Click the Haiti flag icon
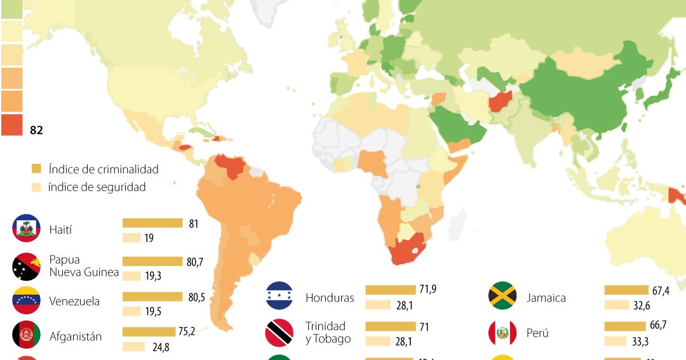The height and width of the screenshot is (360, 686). click(x=27, y=229)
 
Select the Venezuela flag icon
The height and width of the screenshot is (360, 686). click(x=27, y=301)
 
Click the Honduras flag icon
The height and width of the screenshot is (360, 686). click(x=279, y=296)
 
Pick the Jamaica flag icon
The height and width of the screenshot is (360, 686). click(x=502, y=296)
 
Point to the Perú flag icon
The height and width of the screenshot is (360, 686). click(x=502, y=332)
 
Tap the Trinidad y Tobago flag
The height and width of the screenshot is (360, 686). click(x=279, y=332)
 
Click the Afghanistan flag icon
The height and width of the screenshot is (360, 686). click(x=27, y=337)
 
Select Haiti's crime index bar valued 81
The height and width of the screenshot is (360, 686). click(x=152, y=223)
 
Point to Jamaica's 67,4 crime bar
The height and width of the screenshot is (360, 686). click(x=626, y=290)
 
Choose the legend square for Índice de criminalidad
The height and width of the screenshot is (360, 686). click(x=36, y=169)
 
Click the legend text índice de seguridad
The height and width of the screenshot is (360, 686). click(x=97, y=187)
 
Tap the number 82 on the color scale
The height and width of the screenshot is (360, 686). click(x=36, y=130)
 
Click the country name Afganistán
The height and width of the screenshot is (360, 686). click(x=76, y=337)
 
